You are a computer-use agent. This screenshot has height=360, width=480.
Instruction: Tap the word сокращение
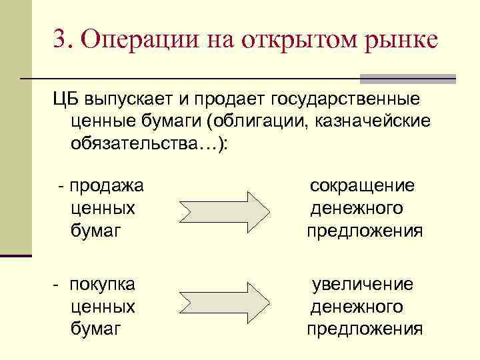coord(362,186)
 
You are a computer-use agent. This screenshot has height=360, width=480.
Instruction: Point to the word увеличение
coord(363,285)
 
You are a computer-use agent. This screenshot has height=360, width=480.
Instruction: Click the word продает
coord(227,100)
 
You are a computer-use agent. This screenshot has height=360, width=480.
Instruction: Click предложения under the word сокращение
coord(365,231)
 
